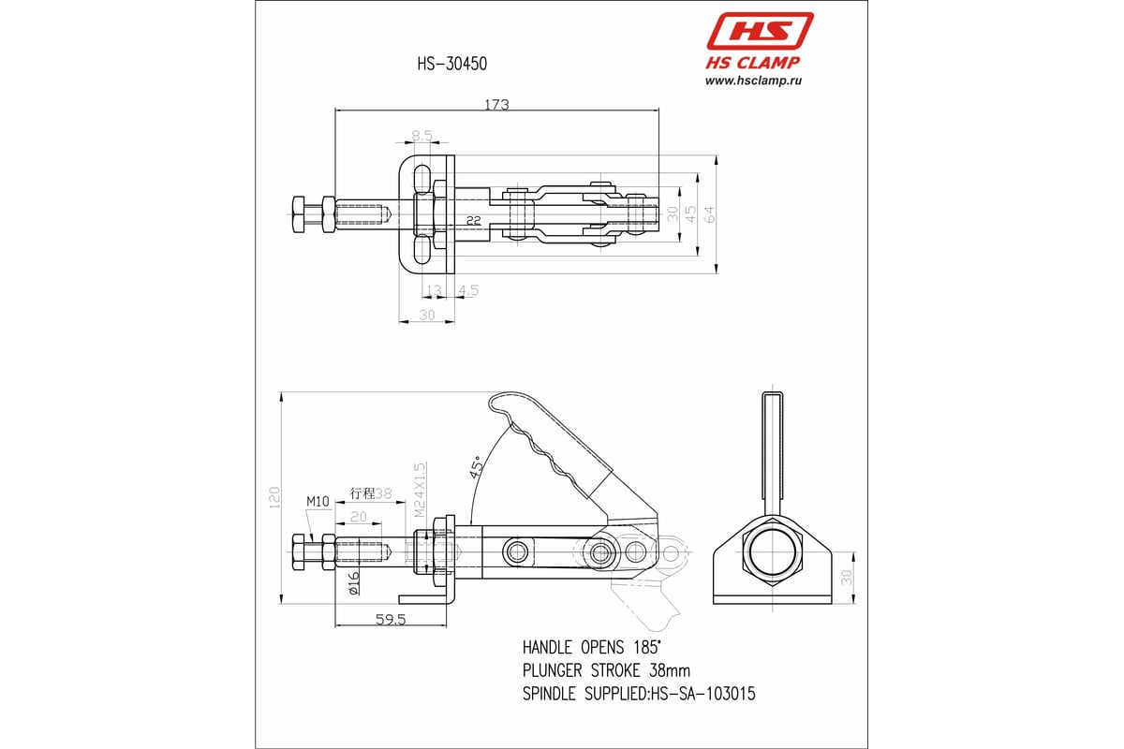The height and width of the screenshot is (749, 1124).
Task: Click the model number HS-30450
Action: click(x=451, y=64)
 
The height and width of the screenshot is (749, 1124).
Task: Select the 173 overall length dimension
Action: click(x=496, y=105)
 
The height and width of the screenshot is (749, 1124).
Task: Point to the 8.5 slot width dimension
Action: click(x=421, y=136)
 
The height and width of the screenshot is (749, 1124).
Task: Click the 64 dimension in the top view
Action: click(x=710, y=213)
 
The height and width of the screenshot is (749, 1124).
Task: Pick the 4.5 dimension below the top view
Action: click(x=468, y=290)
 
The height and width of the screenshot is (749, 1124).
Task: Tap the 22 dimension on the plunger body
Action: click(x=474, y=221)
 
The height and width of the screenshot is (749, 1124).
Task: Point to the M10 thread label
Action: click(x=318, y=502)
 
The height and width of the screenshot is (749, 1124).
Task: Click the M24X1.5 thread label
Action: click(x=420, y=489)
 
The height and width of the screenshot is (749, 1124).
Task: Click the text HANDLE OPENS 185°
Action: click(x=591, y=647)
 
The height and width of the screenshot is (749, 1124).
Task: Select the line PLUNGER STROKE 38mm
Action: click(x=606, y=670)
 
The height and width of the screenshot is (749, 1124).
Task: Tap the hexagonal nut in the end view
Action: click(x=773, y=551)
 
